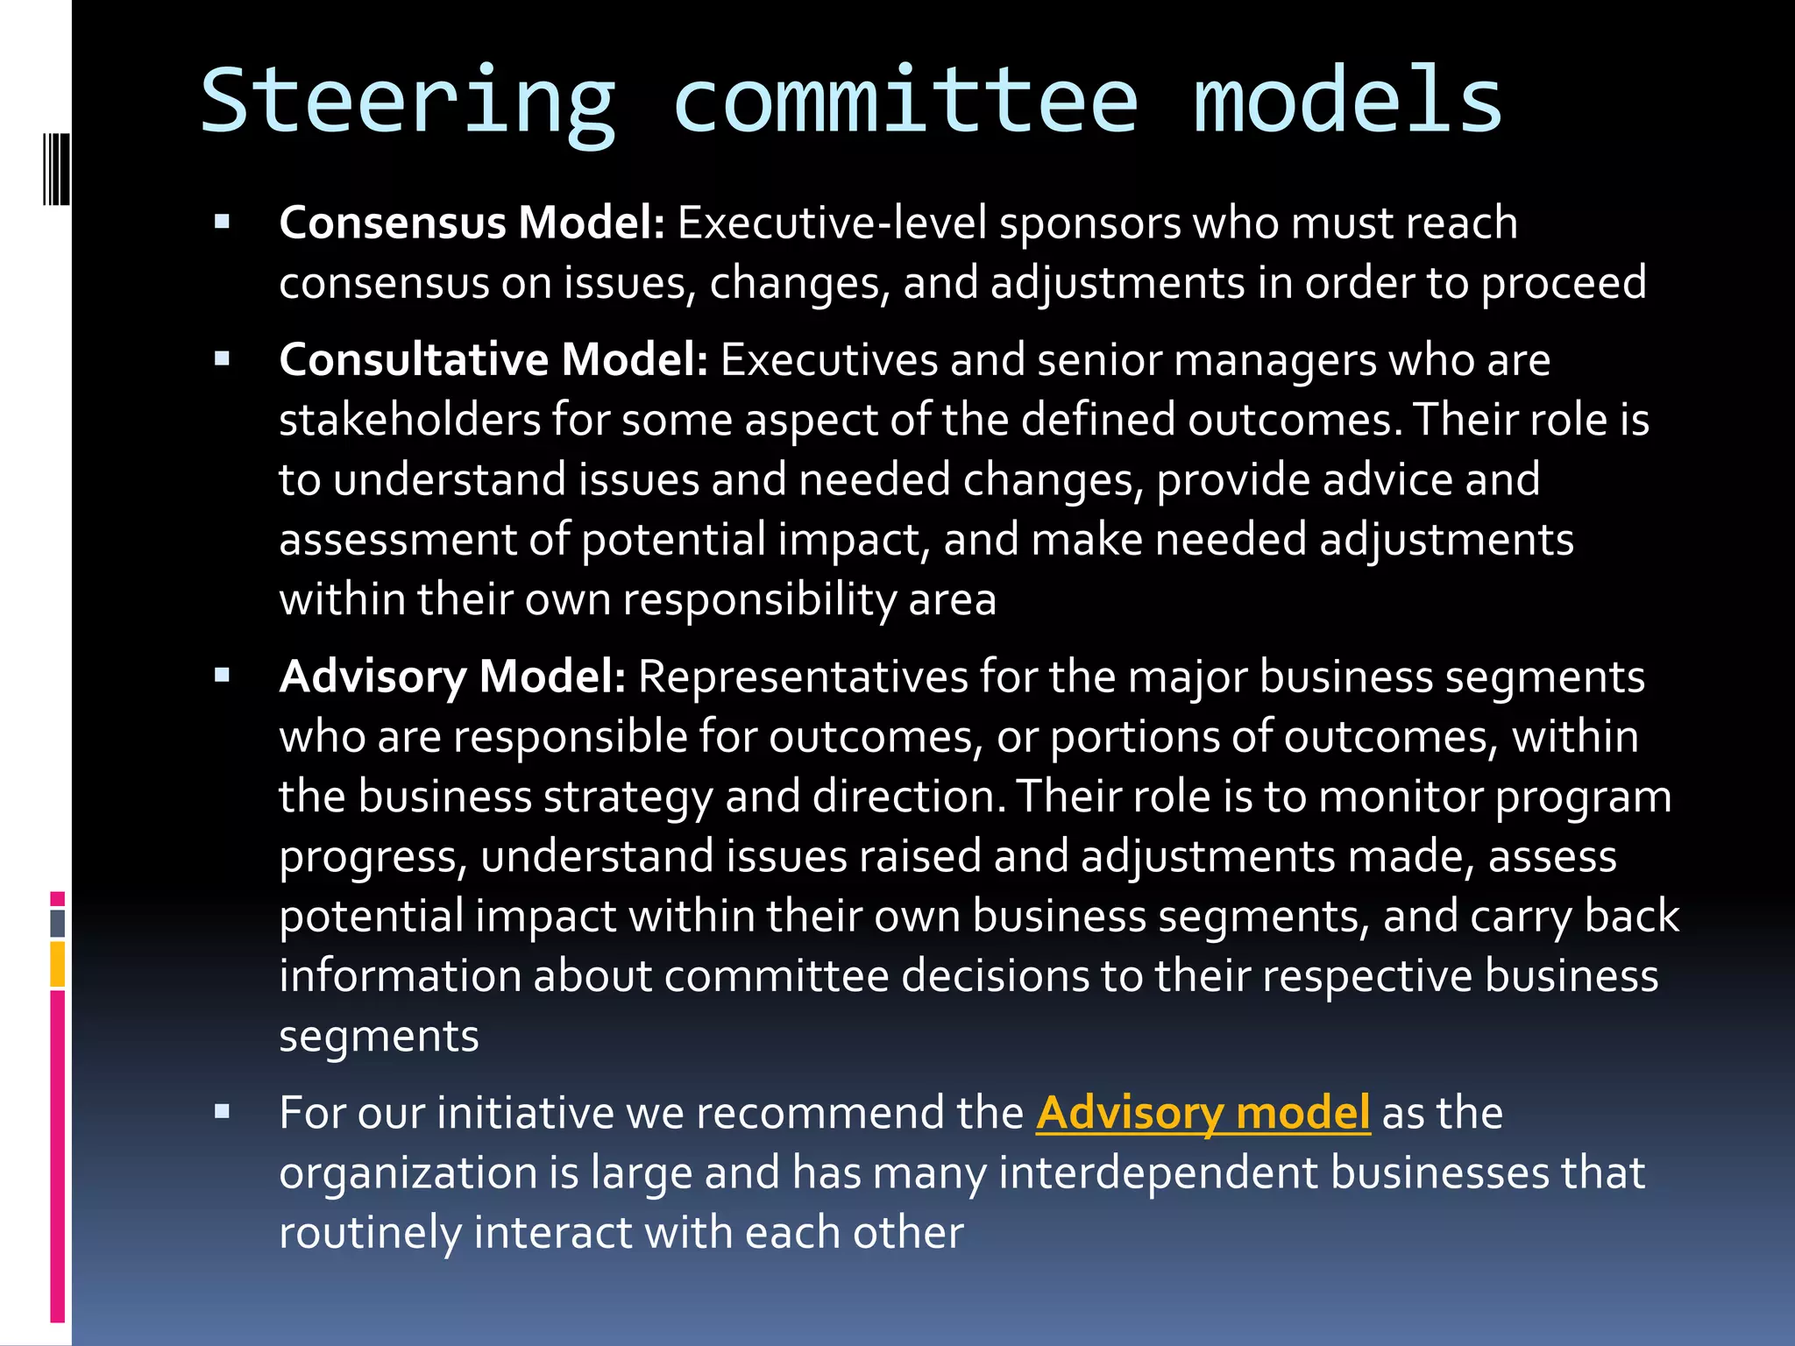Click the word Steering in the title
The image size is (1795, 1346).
point(408,103)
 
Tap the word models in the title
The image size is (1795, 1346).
point(1348,102)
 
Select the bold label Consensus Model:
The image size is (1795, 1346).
point(472,223)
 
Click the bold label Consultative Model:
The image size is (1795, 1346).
point(493,359)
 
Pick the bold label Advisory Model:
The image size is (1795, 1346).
point(452,677)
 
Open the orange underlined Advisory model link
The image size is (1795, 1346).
point(1203,1113)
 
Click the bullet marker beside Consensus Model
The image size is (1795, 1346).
point(222,222)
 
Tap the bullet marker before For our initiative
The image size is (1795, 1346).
point(222,1112)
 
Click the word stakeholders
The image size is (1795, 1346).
point(409,420)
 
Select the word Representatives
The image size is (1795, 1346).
point(802,677)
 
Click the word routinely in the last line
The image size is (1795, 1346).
point(370,1232)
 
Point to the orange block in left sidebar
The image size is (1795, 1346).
point(58,965)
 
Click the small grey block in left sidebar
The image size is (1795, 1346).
point(58,923)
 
